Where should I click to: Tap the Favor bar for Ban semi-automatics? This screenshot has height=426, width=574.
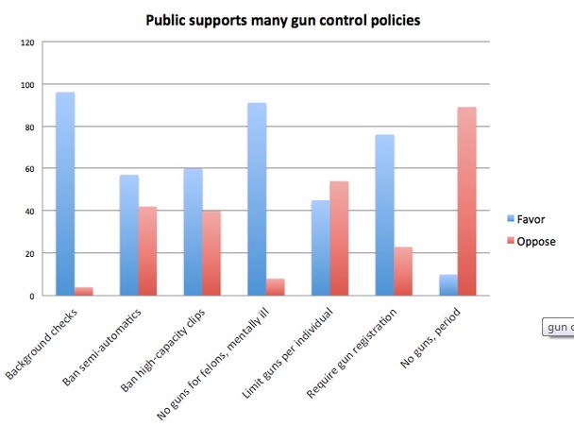click(128, 235)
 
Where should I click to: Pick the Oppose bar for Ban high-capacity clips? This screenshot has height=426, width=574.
click(211, 252)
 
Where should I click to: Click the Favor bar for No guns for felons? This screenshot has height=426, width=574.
click(256, 199)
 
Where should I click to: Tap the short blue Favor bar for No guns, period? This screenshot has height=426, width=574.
click(448, 284)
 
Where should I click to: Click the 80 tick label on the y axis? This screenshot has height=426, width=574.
click(27, 127)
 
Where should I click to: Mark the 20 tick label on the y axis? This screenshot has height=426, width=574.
click(27, 253)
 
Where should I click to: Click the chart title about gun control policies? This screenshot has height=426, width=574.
click(268, 19)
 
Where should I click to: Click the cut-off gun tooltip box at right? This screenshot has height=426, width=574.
click(558, 328)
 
